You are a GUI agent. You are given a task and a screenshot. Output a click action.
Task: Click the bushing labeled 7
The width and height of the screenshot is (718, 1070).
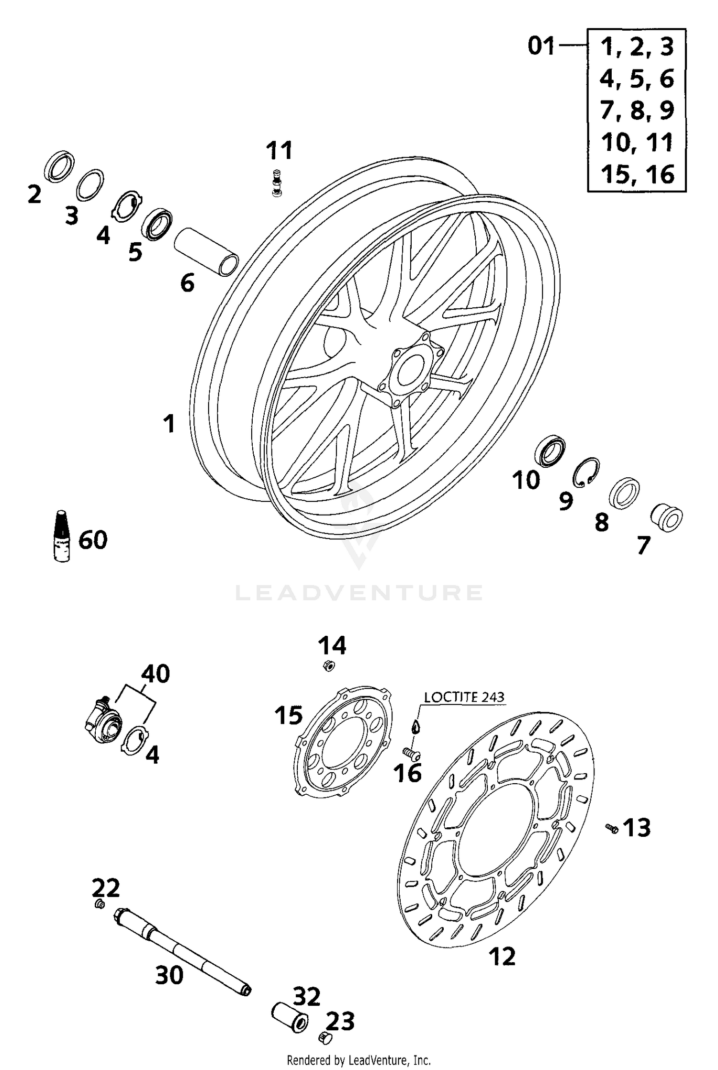666,518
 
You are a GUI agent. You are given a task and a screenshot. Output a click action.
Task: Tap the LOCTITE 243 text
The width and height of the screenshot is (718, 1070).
464,697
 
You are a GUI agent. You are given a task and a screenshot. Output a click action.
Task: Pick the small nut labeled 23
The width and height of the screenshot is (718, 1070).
324,1048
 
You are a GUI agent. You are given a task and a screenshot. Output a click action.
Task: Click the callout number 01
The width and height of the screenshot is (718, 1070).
541,46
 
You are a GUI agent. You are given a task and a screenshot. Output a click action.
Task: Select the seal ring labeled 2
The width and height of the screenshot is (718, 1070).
59,166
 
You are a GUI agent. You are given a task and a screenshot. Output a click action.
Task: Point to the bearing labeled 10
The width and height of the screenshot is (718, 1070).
550,451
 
